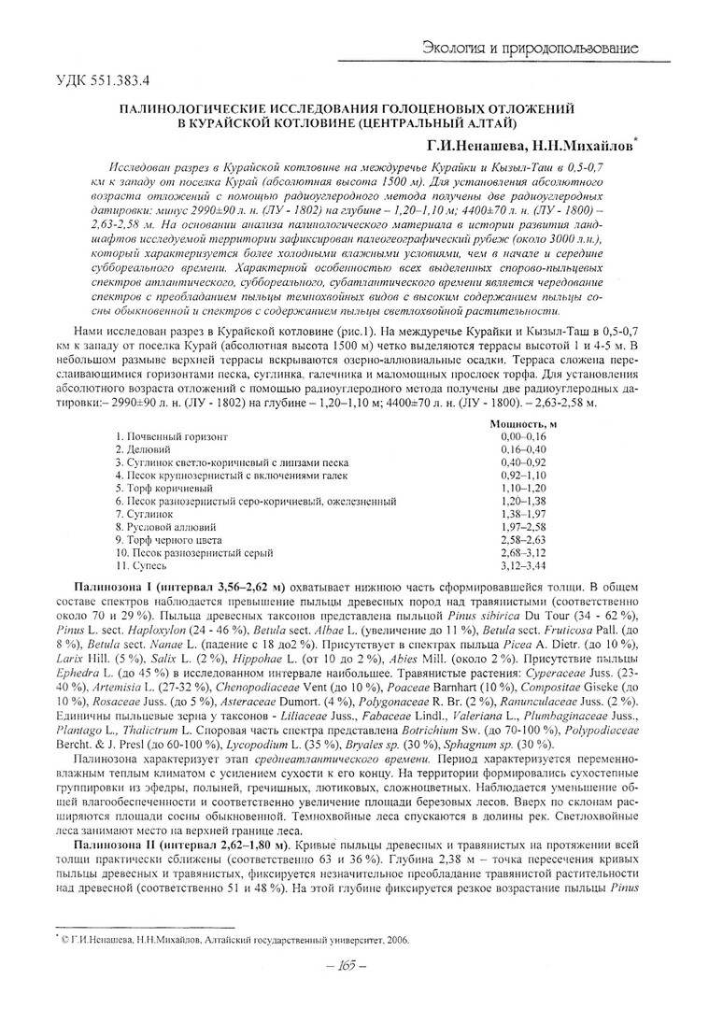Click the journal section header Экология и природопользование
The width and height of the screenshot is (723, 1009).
pyautogui.click(x=531, y=47)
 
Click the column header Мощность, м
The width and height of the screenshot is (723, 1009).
pyautogui.click(x=523, y=423)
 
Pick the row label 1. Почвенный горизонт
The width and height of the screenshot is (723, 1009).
pyautogui.click(x=172, y=436)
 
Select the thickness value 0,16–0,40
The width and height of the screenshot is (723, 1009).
pyautogui.click(x=522, y=449)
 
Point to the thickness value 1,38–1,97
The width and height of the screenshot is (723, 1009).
pyautogui.click(x=522, y=514)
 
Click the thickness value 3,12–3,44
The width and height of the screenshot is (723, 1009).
pyautogui.click(x=522, y=566)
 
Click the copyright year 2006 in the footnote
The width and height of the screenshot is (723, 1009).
pyautogui.click(x=398, y=940)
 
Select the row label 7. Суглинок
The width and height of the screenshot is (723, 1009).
pyautogui.click(x=145, y=514)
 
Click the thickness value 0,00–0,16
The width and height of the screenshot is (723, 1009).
pyautogui.click(x=522, y=436)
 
